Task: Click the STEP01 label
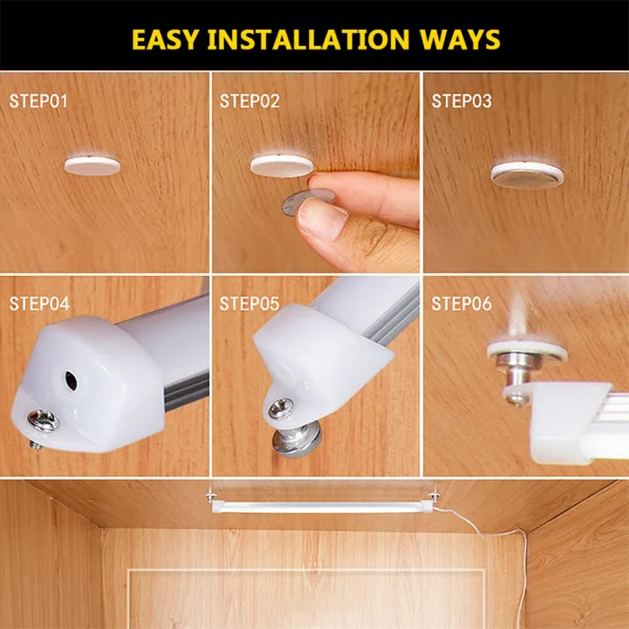pos(38,101)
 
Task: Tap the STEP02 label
pos(250,101)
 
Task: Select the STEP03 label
pos(461,101)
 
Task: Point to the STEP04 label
pos(40,304)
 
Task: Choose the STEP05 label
pos(249,304)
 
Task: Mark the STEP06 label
pos(461,304)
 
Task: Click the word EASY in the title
pos(164,40)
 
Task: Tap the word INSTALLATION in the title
pos(308,40)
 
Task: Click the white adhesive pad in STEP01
pos(93,165)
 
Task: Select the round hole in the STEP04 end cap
pos(71,381)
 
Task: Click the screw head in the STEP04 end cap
pos(43,421)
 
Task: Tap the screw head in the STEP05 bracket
pos(280,409)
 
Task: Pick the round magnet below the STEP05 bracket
pos(297,440)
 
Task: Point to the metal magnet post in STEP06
pos(519,368)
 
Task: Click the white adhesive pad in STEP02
pos(281,165)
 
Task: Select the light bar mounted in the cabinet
pos(322,507)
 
